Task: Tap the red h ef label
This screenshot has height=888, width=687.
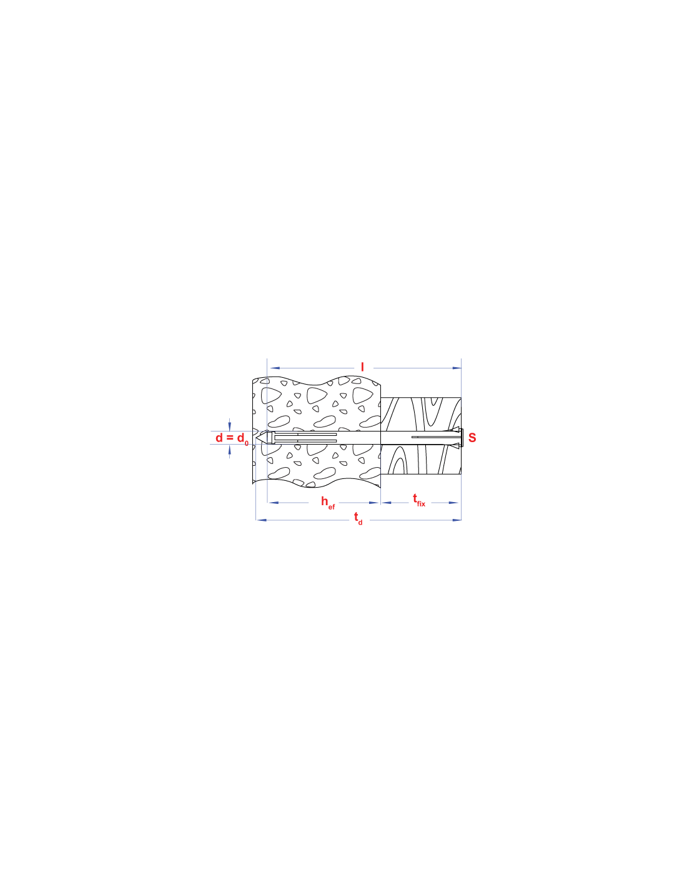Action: tap(328, 502)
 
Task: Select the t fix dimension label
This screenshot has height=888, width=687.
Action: tap(419, 500)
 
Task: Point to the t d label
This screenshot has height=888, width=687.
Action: tap(358, 518)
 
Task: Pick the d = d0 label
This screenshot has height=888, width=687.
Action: tap(232, 438)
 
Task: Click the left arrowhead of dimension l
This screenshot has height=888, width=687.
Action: tap(275, 368)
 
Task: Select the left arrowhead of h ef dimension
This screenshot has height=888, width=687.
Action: tap(273, 503)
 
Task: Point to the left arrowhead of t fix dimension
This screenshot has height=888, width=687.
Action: tap(386, 503)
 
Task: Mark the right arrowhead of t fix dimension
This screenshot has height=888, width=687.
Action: tap(453, 503)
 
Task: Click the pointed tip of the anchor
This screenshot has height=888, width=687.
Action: tap(256, 438)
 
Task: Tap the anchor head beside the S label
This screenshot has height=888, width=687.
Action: tap(462, 438)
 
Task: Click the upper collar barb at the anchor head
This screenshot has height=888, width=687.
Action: tap(455, 429)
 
